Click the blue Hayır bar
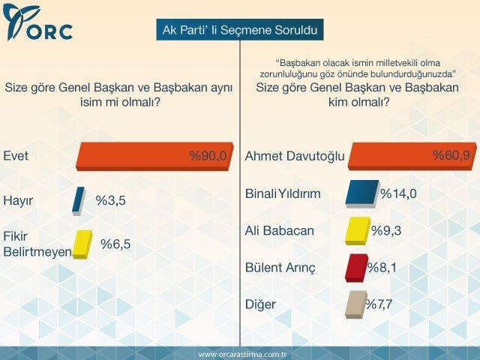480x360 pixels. coord(78,200)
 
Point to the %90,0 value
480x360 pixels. coord(207,156)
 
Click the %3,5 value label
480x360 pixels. coord(110,200)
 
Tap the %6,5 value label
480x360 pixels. coord(115,244)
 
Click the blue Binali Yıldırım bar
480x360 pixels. coord(363,193)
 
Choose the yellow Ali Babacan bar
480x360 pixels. coord(356,230)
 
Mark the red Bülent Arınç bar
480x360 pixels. coord(355,267)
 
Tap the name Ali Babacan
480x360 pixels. coord(279,230)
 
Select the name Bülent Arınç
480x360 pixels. coord(280,267)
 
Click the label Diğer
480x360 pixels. coord(261,304)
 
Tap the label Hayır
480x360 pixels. coord(19,200)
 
